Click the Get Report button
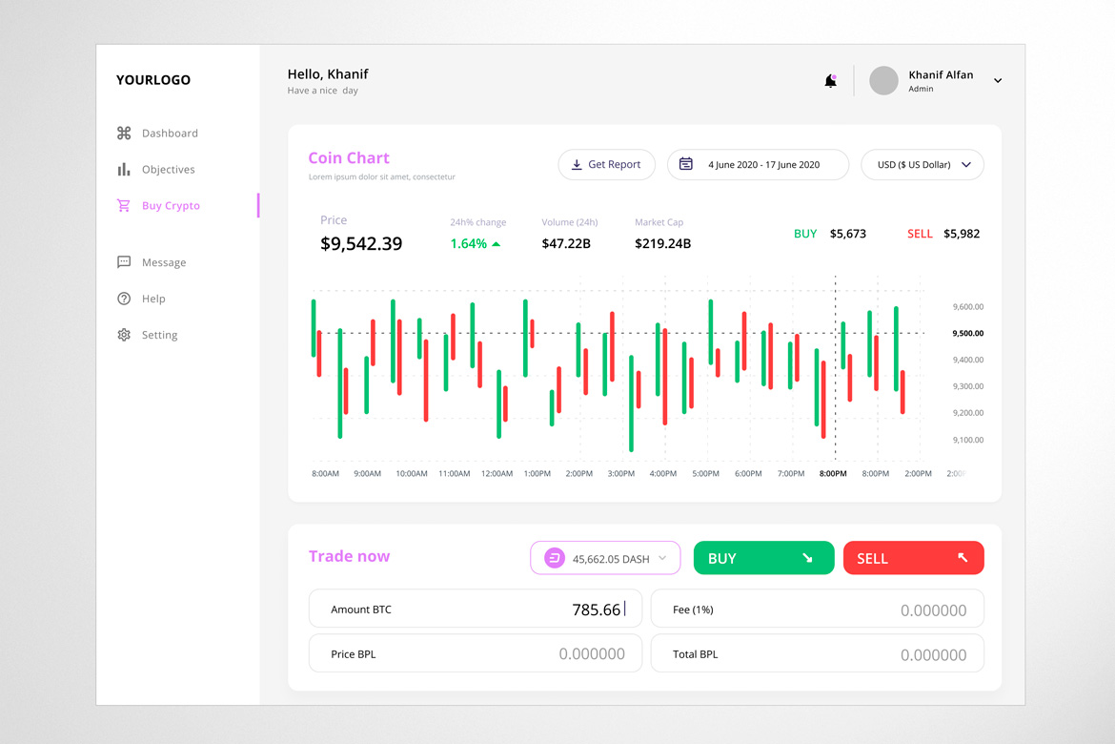(x=606, y=165)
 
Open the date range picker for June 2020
(x=758, y=165)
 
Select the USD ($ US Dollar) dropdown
(x=922, y=165)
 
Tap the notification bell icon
(x=830, y=81)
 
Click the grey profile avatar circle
(x=883, y=81)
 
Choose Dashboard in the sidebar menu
(x=170, y=134)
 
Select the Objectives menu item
(x=168, y=170)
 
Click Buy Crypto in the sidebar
(x=171, y=206)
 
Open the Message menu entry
(x=164, y=262)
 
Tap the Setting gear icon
(x=124, y=335)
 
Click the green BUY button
(x=763, y=558)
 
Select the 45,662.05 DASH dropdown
(x=605, y=558)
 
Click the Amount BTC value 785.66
(x=596, y=610)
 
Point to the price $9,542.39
(x=361, y=244)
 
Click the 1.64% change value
(x=469, y=244)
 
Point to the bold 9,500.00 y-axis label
(x=967, y=334)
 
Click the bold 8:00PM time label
(x=833, y=474)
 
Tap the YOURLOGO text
(x=153, y=80)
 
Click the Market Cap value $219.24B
(x=662, y=244)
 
